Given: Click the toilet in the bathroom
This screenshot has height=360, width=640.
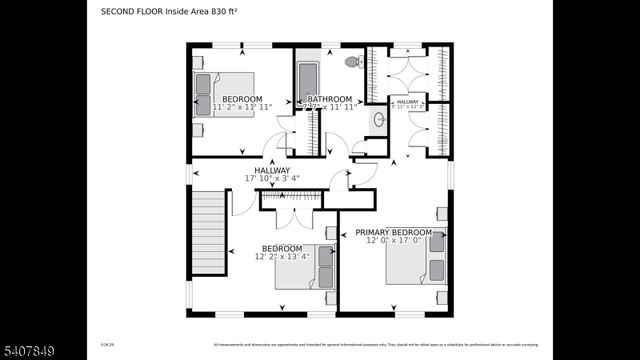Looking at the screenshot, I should tap(352, 62).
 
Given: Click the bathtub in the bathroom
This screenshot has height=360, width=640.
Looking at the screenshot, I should tap(306, 80).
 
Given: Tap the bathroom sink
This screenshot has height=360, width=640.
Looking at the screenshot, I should tap(378, 120).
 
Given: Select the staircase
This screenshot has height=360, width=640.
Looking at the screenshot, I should tap(211, 228).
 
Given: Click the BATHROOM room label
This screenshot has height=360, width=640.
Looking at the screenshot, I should tap(329, 99).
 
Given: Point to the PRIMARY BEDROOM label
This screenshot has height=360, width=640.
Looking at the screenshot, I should tap(394, 232).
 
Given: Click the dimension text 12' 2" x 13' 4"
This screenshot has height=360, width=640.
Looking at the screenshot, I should tap(281, 257).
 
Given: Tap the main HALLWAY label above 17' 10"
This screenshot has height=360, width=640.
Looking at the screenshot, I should tap(271, 170).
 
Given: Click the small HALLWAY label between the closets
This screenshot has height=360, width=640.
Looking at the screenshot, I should tap(408, 102).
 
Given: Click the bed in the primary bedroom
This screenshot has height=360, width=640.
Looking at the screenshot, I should tap(418, 259).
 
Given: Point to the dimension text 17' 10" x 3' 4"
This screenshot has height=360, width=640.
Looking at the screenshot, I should tap(271, 179).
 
